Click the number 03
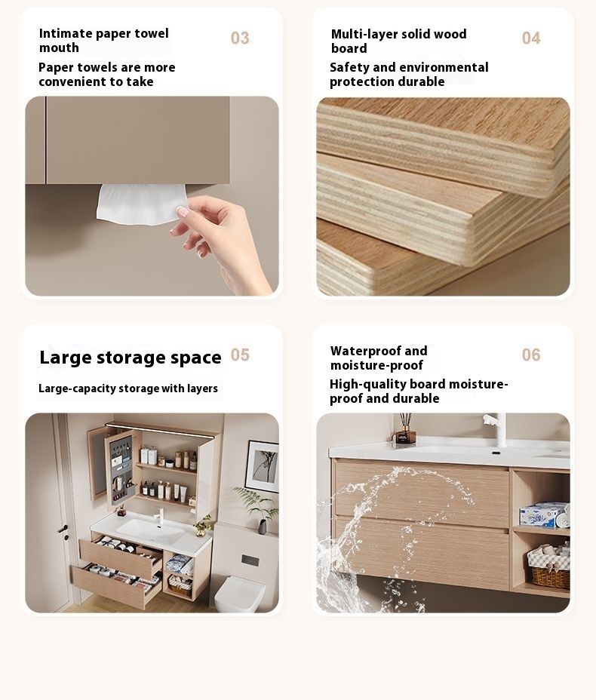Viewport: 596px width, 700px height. coord(240,38)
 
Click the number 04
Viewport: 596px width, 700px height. coord(531,38)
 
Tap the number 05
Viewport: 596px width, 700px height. coord(240,355)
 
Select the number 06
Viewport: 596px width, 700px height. coord(531,355)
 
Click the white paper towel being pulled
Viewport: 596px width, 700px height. coord(142,203)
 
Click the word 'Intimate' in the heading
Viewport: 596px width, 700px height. coord(66,33)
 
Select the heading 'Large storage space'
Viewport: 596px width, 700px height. coord(131,358)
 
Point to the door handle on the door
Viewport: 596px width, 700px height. coord(63,531)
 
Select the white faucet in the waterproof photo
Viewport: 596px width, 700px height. coord(497,429)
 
